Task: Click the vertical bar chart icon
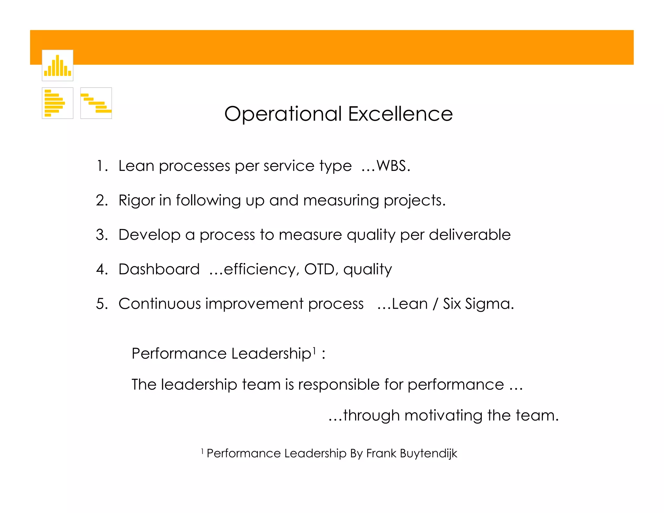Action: pos(57,66)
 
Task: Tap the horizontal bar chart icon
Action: pos(57,103)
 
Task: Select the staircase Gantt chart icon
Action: pos(96,103)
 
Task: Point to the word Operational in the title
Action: pos(283,114)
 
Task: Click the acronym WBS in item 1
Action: pos(391,166)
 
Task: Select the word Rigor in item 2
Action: pos(136,200)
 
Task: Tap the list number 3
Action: pos(100,235)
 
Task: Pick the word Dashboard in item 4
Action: pos(159,269)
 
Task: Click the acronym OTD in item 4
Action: pos(319,269)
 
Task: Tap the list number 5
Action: pos(100,304)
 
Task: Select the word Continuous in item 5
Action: pos(160,304)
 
